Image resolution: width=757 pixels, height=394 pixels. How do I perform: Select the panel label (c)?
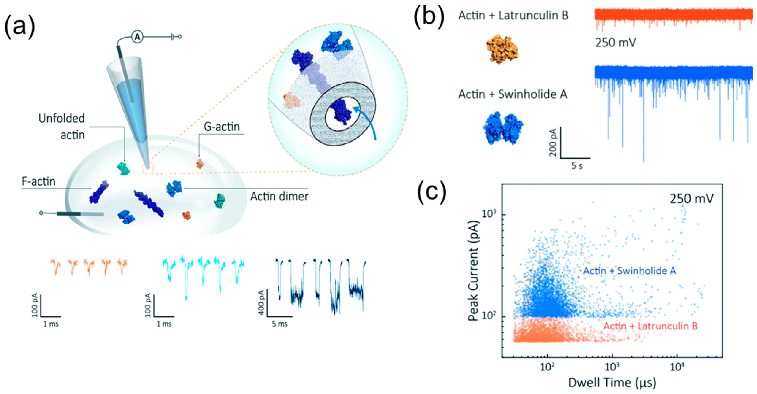432,193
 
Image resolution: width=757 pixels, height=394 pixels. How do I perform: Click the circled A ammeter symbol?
137,36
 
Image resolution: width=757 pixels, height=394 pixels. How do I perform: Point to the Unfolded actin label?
62,127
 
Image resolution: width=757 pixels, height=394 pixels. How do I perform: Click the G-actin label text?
222,127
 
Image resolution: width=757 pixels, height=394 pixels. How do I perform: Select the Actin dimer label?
279,196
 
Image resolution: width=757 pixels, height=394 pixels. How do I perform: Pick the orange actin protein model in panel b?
502,49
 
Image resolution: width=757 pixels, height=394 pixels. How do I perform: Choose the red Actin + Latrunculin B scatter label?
650,326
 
